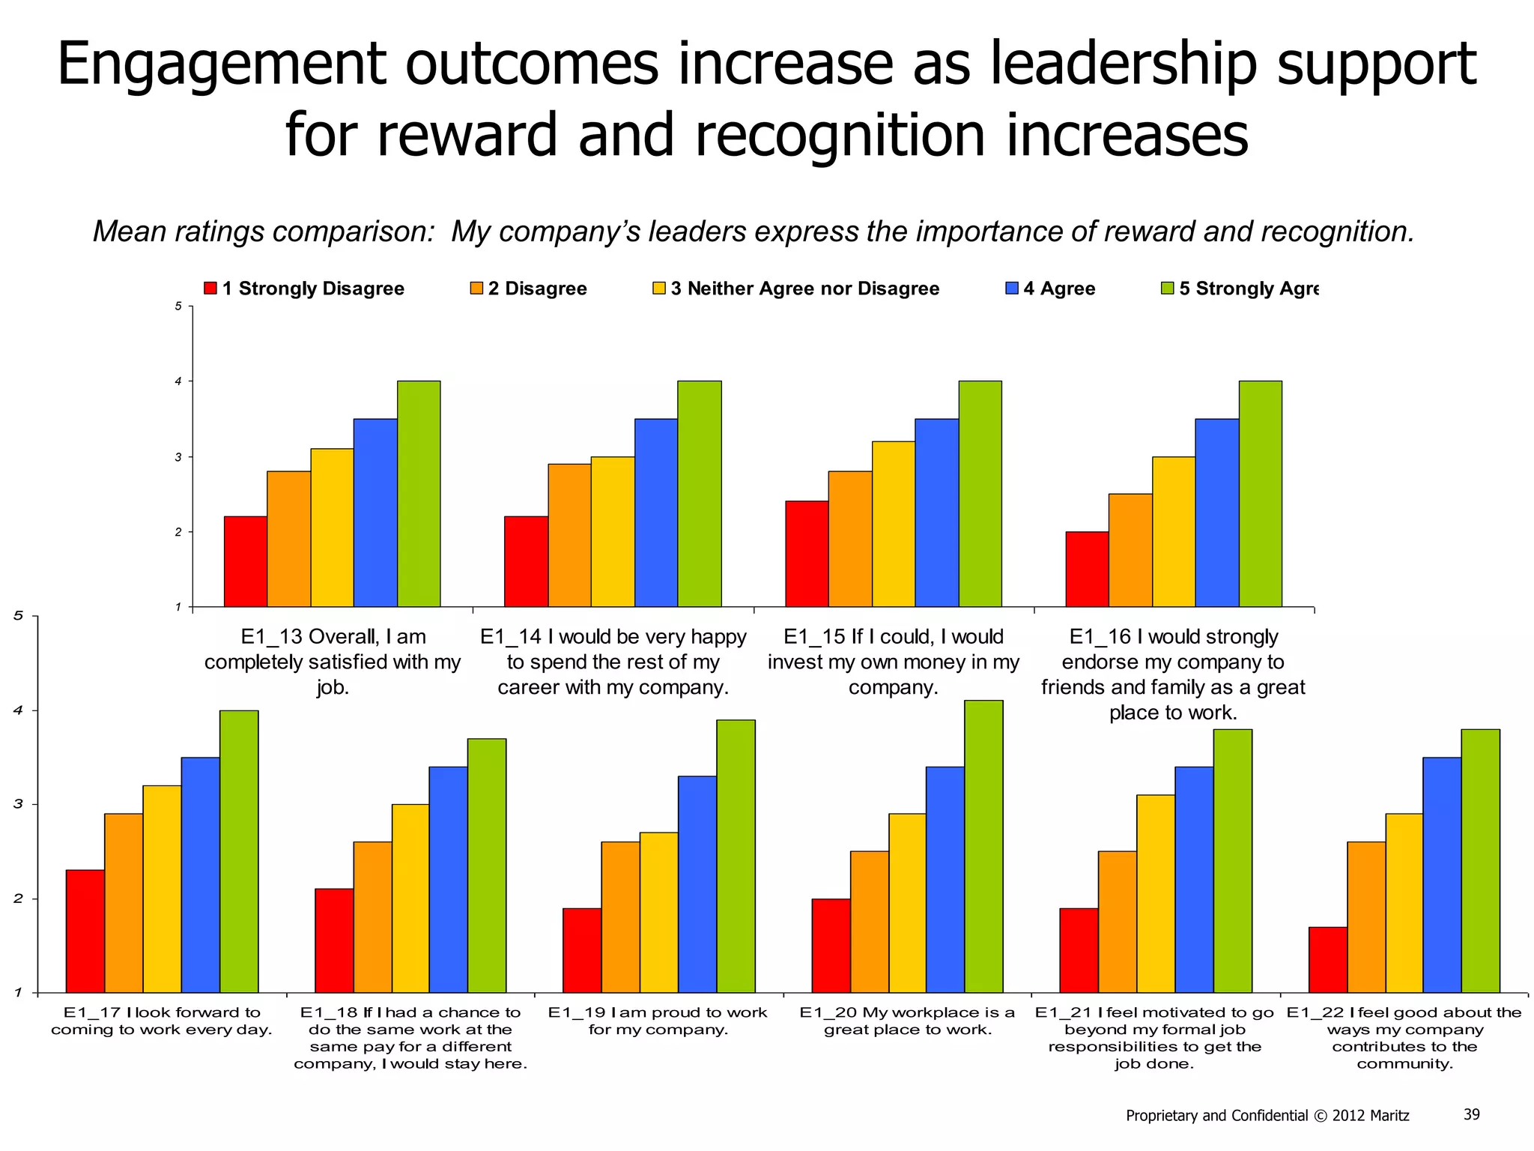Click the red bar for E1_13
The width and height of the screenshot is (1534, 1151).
246,561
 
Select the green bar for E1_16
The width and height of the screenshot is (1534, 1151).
1261,494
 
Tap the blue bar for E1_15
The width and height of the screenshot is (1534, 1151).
936,513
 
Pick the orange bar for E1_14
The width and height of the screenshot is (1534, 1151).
569,535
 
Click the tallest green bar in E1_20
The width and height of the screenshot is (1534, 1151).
983,846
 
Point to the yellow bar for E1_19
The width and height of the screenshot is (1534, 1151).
659,912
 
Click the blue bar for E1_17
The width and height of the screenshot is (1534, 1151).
201,874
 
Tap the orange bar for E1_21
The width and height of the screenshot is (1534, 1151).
1118,921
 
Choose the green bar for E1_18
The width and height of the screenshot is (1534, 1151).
487,865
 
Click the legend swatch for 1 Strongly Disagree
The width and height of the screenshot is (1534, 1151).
210,288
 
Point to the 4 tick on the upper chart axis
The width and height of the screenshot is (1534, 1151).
178,381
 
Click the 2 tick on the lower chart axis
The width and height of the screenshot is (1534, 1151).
18,898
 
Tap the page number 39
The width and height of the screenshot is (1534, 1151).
1471,1114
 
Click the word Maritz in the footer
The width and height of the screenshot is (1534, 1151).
1389,1116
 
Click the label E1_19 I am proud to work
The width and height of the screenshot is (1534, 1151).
658,1012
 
